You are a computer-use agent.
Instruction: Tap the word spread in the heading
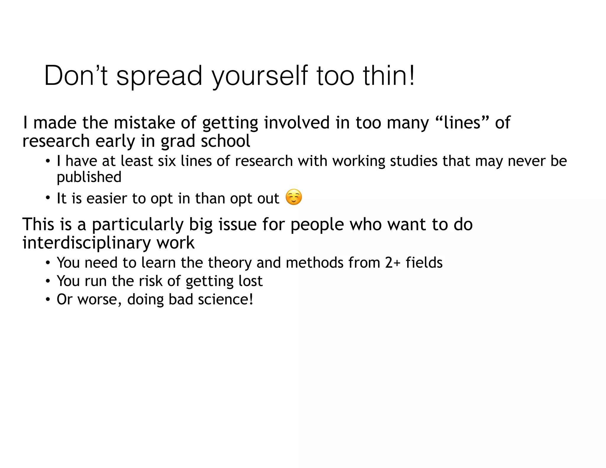(159, 76)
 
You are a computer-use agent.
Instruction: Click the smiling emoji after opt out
(294, 197)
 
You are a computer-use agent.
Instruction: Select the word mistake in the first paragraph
(144, 122)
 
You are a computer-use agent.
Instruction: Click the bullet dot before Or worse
(48, 300)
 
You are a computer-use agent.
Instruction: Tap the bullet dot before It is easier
(48, 199)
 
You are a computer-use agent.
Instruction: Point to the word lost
(250, 281)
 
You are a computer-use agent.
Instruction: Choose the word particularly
(138, 225)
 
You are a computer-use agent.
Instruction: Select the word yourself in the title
(260, 76)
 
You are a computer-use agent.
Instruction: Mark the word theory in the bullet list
(230, 263)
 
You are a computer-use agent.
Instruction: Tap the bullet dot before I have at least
(48, 162)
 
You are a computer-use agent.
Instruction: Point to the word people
(317, 225)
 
